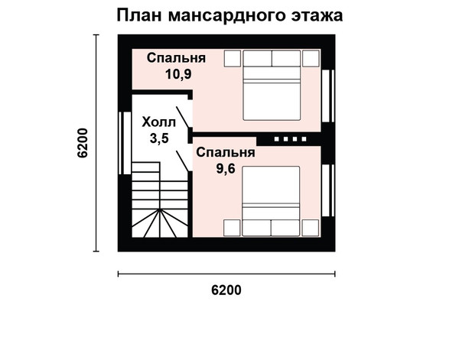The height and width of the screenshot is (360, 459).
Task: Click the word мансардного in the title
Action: [226, 16]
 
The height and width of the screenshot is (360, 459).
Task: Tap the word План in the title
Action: [139, 15]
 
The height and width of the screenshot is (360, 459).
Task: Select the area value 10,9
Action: [178, 74]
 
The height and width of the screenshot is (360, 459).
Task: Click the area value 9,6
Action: [226, 168]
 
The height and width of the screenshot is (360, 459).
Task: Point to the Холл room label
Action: [158, 122]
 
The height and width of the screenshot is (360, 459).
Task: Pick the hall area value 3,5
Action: [159, 138]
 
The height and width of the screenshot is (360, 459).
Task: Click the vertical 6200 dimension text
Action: [83, 143]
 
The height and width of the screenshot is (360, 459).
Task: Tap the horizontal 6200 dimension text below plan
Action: [226, 290]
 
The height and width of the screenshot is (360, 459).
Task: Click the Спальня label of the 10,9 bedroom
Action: [176, 58]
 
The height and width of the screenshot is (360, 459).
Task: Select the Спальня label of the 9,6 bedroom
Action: [226, 152]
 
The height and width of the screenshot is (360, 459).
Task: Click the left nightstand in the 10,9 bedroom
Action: [233, 59]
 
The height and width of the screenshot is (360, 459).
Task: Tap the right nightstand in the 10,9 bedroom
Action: [311, 59]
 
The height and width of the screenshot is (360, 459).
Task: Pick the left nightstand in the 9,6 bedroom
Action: [232, 228]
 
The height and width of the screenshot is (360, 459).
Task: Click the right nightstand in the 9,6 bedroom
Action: [311, 228]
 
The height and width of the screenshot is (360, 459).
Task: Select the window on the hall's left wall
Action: [125, 143]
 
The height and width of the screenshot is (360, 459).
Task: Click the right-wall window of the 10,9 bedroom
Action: [328, 96]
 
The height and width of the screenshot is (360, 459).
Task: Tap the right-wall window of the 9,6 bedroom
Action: [328, 190]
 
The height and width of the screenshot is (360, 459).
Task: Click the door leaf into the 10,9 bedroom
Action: [182, 117]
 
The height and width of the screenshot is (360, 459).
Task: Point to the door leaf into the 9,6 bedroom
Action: [182, 161]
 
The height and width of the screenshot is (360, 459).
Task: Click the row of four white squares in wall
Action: [291, 139]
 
